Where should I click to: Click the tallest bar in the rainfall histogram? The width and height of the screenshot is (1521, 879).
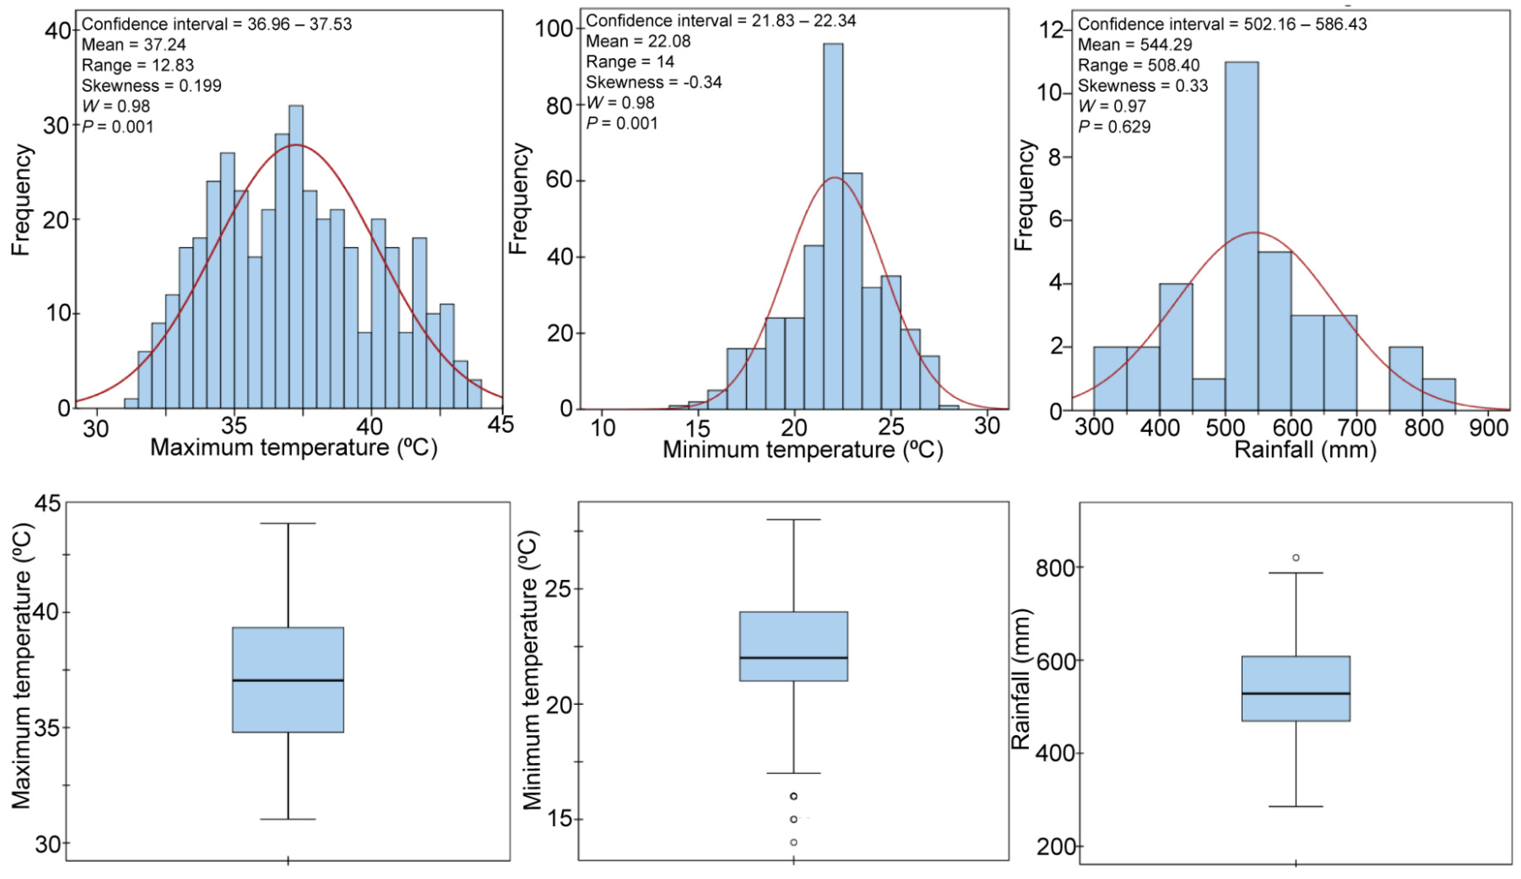[1242, 235]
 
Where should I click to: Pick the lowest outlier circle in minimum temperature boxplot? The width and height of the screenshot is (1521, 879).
[794, 842]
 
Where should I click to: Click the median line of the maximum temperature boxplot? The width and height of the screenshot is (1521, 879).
[288, 681]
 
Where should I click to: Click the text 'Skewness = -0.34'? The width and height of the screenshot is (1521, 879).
[654, 82]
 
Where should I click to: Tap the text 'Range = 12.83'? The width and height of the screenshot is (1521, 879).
[138, 65]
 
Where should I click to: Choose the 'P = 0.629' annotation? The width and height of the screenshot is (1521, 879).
[1114, 127]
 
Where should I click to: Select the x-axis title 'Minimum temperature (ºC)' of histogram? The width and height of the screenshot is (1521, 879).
[803, 450]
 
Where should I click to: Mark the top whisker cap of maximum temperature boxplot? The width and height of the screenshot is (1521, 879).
[288, 524]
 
